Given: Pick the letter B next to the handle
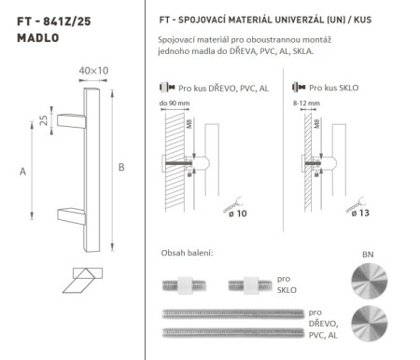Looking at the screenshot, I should click(x=124, y=168).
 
